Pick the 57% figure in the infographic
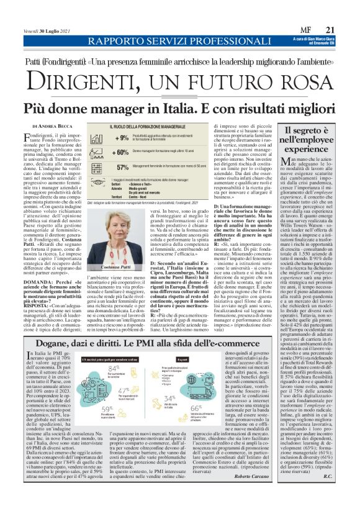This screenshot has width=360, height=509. click(122, 166)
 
